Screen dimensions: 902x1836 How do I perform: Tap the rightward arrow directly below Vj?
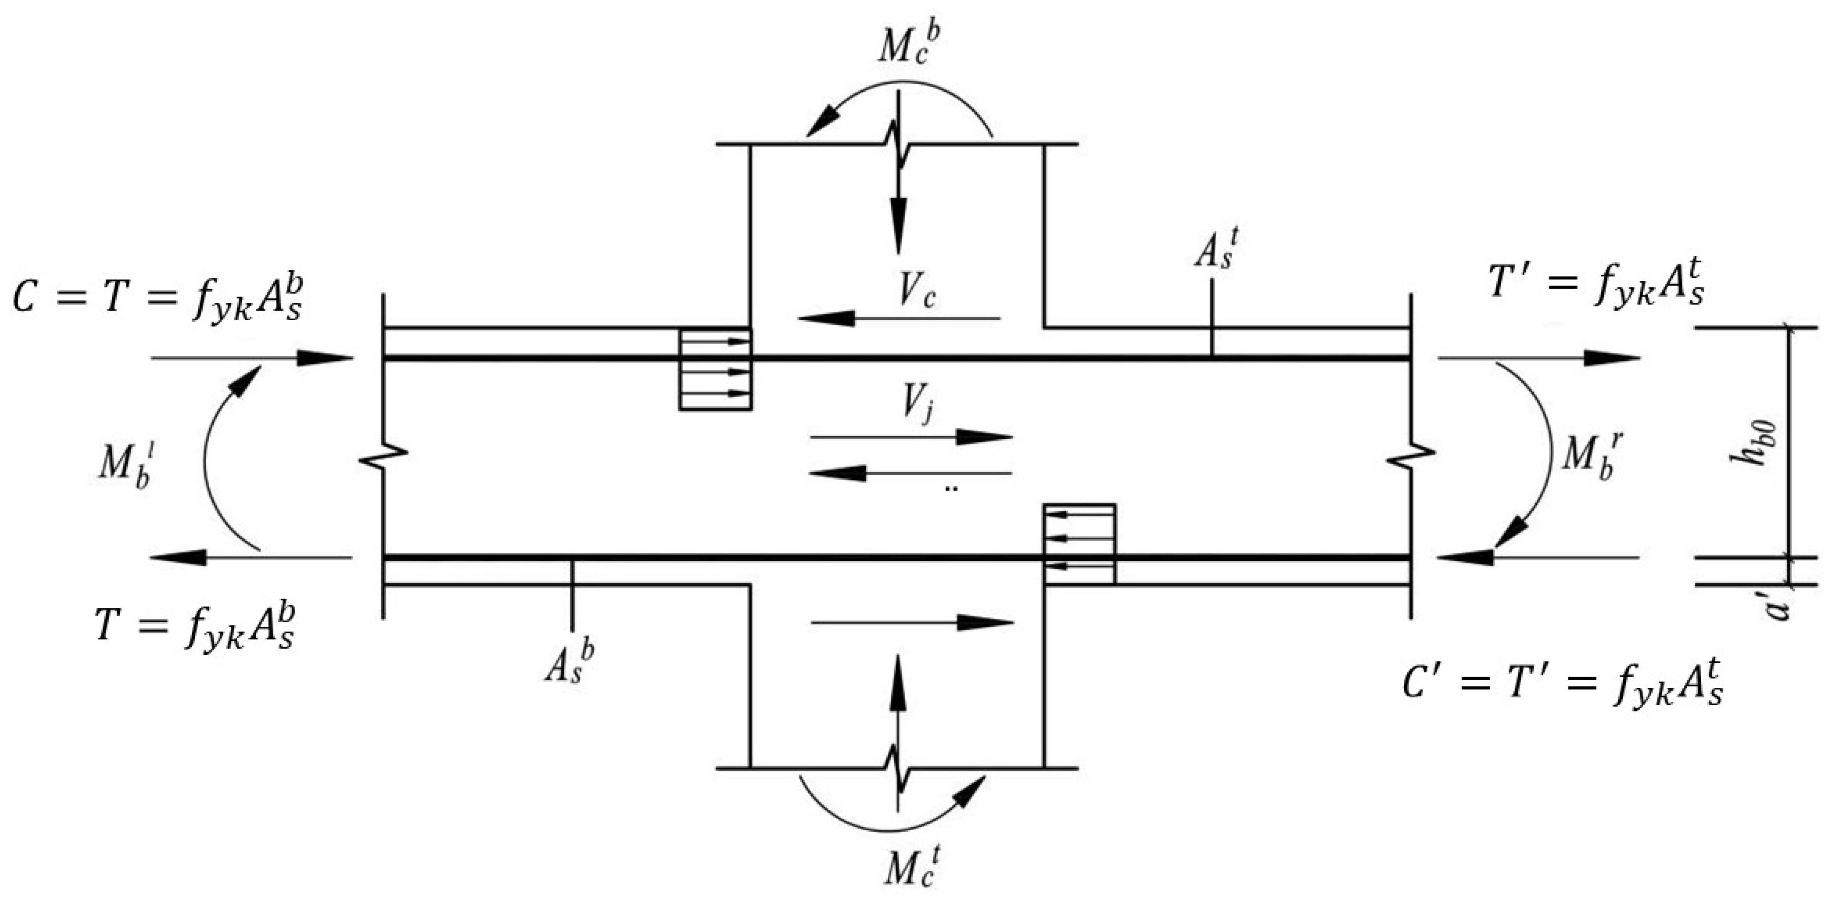click(x=912, y=437)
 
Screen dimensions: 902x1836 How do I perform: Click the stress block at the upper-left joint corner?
click(x=715, y=369)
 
